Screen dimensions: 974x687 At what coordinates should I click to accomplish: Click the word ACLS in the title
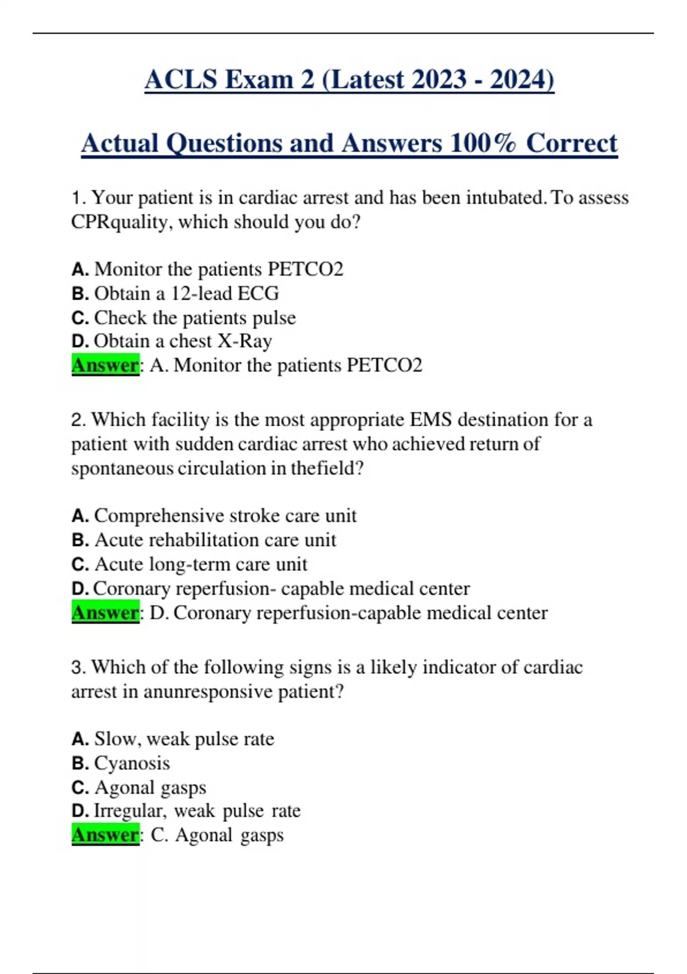point(180,79)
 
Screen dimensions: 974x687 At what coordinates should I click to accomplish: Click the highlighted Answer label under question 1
point(105,365)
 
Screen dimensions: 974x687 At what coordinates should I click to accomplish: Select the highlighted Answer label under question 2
point(105,612)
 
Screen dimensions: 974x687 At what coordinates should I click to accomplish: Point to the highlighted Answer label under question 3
point(105,835)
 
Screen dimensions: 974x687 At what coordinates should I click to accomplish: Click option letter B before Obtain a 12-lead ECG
point(80,293)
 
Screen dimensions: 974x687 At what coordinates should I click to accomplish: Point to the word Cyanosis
point(132,763)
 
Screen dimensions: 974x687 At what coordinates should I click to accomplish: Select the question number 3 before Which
point(78,667)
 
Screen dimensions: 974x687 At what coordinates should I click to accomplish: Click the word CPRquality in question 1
point(121,222)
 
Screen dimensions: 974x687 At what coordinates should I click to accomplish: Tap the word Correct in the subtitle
point(571,143)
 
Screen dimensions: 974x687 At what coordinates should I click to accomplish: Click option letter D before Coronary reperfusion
point(80,588)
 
